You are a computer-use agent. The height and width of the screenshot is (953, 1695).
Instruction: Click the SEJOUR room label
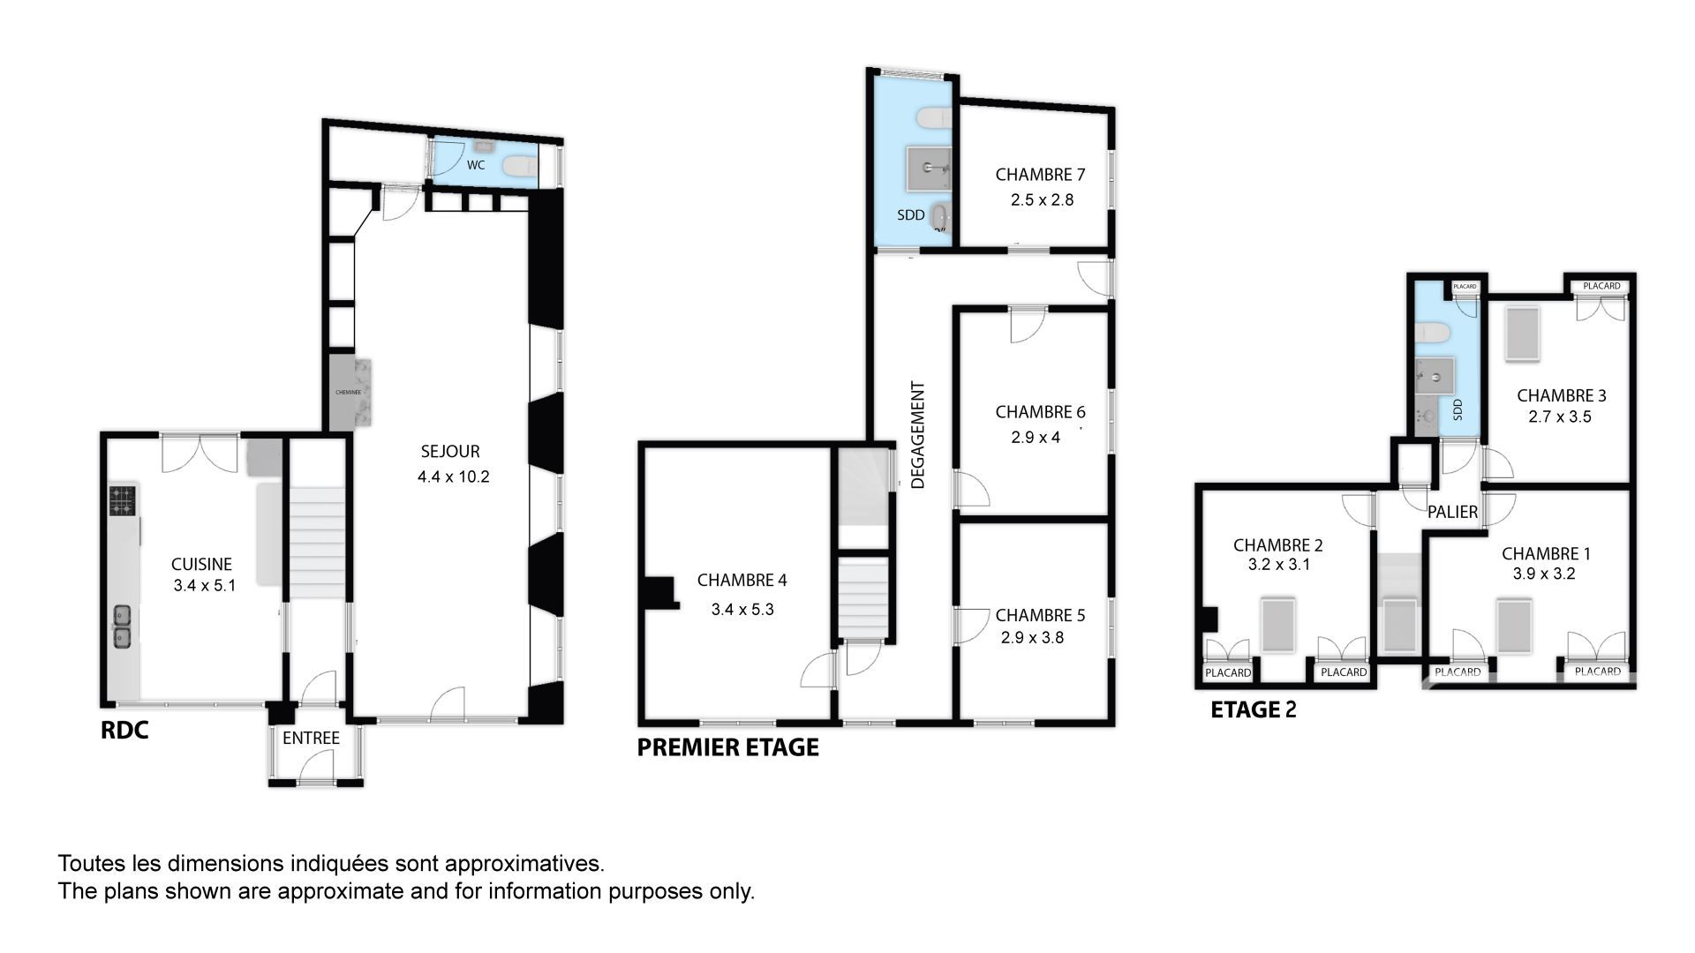tap(450, 452)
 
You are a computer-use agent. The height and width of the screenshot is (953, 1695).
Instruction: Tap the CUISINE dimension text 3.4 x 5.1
tap(205, 585)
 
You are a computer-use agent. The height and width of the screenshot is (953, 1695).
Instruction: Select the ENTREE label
tap(311, 738)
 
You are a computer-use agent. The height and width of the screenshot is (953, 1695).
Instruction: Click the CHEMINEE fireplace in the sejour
tap(350, 393)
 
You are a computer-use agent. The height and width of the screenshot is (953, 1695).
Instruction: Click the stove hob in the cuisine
tap(123, 500)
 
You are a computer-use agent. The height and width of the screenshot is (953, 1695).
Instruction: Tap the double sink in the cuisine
tap(123, 626)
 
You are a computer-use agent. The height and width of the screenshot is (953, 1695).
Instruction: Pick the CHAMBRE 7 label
tap(1040, 175)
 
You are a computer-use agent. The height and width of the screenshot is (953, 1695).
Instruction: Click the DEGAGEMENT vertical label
tap(918, 435)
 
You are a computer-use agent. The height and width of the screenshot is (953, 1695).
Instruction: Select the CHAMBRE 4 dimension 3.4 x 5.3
tap(742, 610)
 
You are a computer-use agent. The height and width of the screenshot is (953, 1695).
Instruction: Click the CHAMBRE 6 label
tap(1040, 412)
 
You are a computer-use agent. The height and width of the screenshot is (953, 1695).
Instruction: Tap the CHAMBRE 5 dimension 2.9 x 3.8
tap(1032, 638)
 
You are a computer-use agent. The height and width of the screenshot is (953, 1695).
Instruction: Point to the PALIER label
tap(1452, 512)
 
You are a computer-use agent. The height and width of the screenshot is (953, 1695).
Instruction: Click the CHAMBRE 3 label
tap(1561, 396)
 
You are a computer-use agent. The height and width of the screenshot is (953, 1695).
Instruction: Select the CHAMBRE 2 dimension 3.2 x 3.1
tap(1278, 565)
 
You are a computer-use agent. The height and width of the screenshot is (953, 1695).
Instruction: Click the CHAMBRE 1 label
tap(1546, 554)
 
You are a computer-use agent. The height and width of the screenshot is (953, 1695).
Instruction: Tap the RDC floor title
tap(124, 731)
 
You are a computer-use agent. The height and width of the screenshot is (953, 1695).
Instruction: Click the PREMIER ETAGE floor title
tap(728, 747)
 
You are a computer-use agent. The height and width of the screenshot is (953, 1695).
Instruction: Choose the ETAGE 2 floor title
tap(1253, 709)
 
